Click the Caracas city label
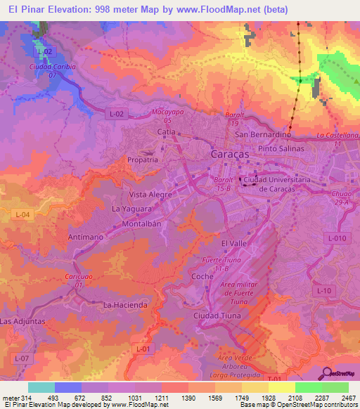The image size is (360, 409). (229, 152)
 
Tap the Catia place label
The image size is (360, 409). (166, 131)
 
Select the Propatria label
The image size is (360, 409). (142, 160)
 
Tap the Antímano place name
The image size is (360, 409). (86, 237)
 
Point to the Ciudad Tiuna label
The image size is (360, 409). (218, 315)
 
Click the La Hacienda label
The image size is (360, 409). (125, 304)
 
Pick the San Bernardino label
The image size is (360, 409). (263, 134)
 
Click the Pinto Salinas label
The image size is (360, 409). (281, 148)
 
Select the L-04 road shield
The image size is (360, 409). (22, 214)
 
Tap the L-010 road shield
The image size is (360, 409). (337, 239)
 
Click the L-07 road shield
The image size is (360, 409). (22, 358)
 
